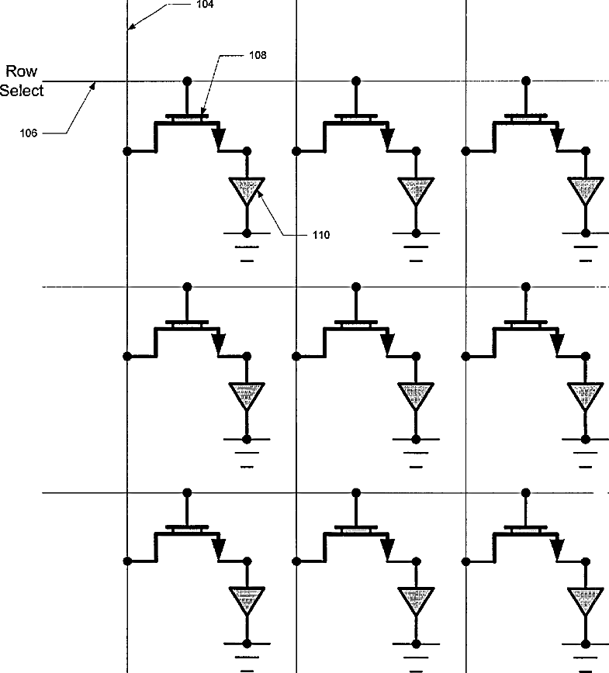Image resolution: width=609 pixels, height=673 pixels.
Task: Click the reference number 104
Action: [x=205, y=4]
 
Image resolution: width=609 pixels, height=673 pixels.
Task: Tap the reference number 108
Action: [x=258, y=55]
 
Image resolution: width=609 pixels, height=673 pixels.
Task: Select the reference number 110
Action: [x=320, y=235]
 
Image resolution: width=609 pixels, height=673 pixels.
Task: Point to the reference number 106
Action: [x=28, y=133]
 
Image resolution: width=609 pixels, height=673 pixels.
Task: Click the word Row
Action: [x=22, y=72]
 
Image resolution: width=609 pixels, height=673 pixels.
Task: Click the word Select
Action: [x=22, y=90]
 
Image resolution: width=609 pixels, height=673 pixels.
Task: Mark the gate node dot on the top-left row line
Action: [x=186, y=81]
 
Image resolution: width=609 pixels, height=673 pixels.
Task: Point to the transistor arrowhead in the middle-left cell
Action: [x=218, y=342]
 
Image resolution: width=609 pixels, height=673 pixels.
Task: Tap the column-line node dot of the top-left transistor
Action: [x=126, y=150]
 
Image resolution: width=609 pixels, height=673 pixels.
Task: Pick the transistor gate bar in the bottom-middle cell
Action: [x=356, y=529]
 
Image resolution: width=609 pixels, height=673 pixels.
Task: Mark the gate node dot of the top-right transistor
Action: [x=526, y=81]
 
